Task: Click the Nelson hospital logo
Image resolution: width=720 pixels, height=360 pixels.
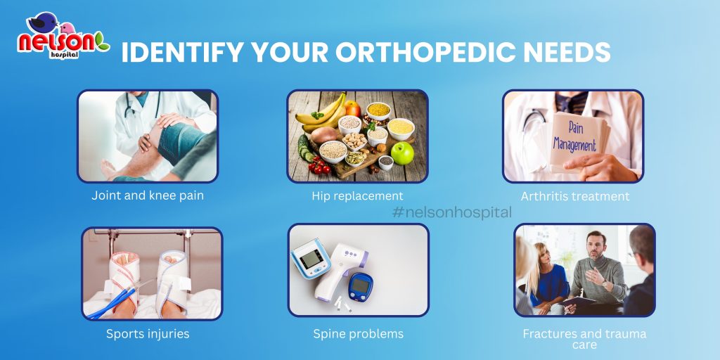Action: (x=63, y=36)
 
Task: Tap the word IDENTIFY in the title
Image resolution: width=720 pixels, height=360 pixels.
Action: (x=180, y=52)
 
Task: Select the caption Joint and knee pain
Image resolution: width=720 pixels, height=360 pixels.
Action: (x=148, y=195)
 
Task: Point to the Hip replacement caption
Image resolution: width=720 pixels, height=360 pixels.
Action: (x=357, y=196)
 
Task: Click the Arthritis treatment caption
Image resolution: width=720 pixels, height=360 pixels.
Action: (x=575, y=197)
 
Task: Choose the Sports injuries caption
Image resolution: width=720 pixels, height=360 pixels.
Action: (x=148, y=334)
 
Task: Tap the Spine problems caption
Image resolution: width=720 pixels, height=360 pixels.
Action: (x=358, y=334)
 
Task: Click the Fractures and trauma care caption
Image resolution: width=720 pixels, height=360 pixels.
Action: (x=584, y=339)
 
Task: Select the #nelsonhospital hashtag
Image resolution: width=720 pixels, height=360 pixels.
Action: (x=452, y=212)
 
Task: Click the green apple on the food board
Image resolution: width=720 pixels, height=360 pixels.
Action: (x=402, y=153)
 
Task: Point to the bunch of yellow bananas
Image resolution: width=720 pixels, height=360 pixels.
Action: (x=321, y=112)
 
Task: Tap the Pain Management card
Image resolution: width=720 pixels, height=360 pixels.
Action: (x=578, y=140)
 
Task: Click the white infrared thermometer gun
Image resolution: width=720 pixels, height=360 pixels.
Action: (x=340, y=271)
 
